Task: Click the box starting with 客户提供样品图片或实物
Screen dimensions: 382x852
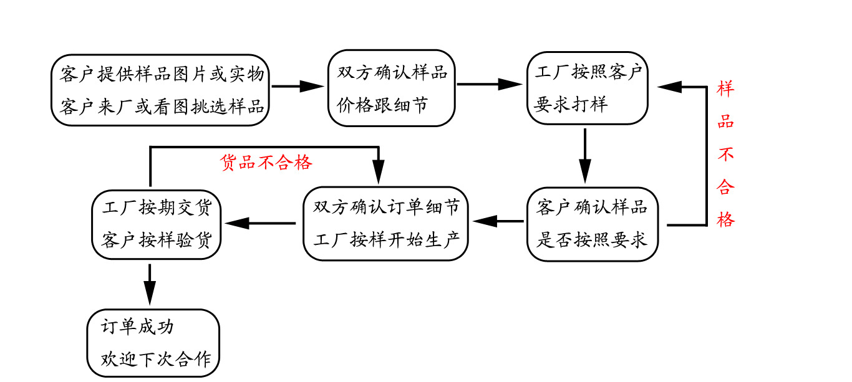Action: (x=160, y=90)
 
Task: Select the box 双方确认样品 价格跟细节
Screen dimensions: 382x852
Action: (x=392, y=88)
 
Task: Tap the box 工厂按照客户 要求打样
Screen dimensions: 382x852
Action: (x=587, y=88)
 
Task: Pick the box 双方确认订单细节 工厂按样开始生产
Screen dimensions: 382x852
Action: (x=386, y=223)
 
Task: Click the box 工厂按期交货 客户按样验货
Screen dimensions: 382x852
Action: (x=157, y=224)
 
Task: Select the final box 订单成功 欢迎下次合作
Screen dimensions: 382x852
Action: (x=153, y=343)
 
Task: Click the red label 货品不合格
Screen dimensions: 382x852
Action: (x=266, y=163)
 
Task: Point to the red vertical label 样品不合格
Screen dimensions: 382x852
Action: (x=725, y=154)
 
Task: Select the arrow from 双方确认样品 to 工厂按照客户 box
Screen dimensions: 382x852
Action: (x=490, y=84)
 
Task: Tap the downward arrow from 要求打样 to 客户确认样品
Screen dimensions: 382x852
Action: (x=584, y=156)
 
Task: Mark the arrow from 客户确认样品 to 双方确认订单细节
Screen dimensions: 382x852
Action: (x=499, y=221)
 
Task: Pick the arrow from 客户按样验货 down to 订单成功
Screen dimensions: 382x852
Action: (x=150, y=285)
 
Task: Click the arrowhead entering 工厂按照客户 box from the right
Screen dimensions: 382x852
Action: (x=670, y=87)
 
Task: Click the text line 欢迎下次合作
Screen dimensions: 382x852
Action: (x=156, y=360)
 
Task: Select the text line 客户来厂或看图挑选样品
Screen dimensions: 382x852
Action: (x=162, y=106)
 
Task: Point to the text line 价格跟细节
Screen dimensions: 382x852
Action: (x=383, y=105)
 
